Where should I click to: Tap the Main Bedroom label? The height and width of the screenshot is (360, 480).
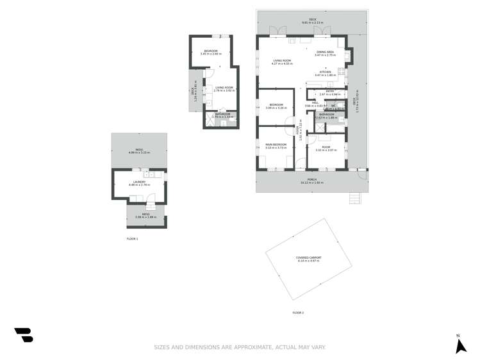pos(276,145)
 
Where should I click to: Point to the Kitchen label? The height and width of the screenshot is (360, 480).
pos(325,73)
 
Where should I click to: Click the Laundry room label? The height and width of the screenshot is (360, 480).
pos(139,183)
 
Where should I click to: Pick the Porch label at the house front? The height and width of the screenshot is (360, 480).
pos(311,180)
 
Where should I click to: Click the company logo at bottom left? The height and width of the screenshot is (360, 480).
pos(24,335)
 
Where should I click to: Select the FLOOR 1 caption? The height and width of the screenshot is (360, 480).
pos(132,238)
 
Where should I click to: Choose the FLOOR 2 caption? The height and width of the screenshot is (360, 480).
pos(298,313)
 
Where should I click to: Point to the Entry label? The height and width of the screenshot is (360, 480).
pos(330,92)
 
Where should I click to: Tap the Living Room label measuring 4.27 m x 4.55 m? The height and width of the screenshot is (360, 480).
pos(282,61)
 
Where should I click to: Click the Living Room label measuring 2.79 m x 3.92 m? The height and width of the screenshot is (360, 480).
pos(224,88)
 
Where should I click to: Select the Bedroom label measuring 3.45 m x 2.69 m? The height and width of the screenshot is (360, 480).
pos(211,52)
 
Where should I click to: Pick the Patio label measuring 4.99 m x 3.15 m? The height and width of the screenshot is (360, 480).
pos(139,151)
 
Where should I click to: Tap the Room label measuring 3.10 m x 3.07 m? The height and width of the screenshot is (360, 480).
pos(327,148)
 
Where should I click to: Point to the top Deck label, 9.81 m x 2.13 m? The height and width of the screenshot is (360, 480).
pos(313,20)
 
